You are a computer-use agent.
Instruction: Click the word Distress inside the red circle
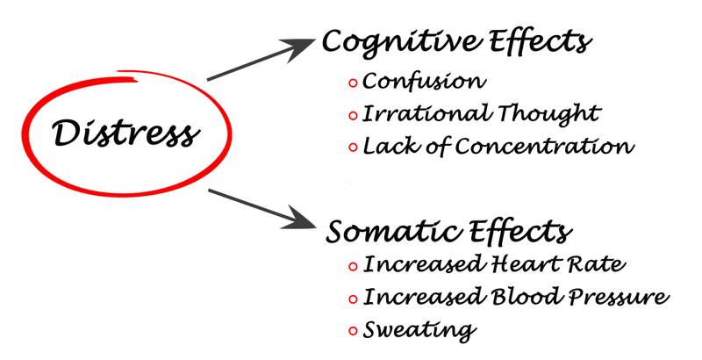click(x=123, y=133)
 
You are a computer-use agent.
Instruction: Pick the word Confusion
click(x=423, y=82)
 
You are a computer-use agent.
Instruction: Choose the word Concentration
click(x=544, y=146)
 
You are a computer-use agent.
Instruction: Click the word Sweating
click(x=419, y=331)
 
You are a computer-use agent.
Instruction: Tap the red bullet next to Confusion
click(x=353, y=83)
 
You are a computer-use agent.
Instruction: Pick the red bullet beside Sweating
click(x=353, y=331)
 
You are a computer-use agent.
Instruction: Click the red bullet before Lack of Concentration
click(x=353, y=148)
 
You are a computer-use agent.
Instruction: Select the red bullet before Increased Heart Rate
click(x=353, y=265)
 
